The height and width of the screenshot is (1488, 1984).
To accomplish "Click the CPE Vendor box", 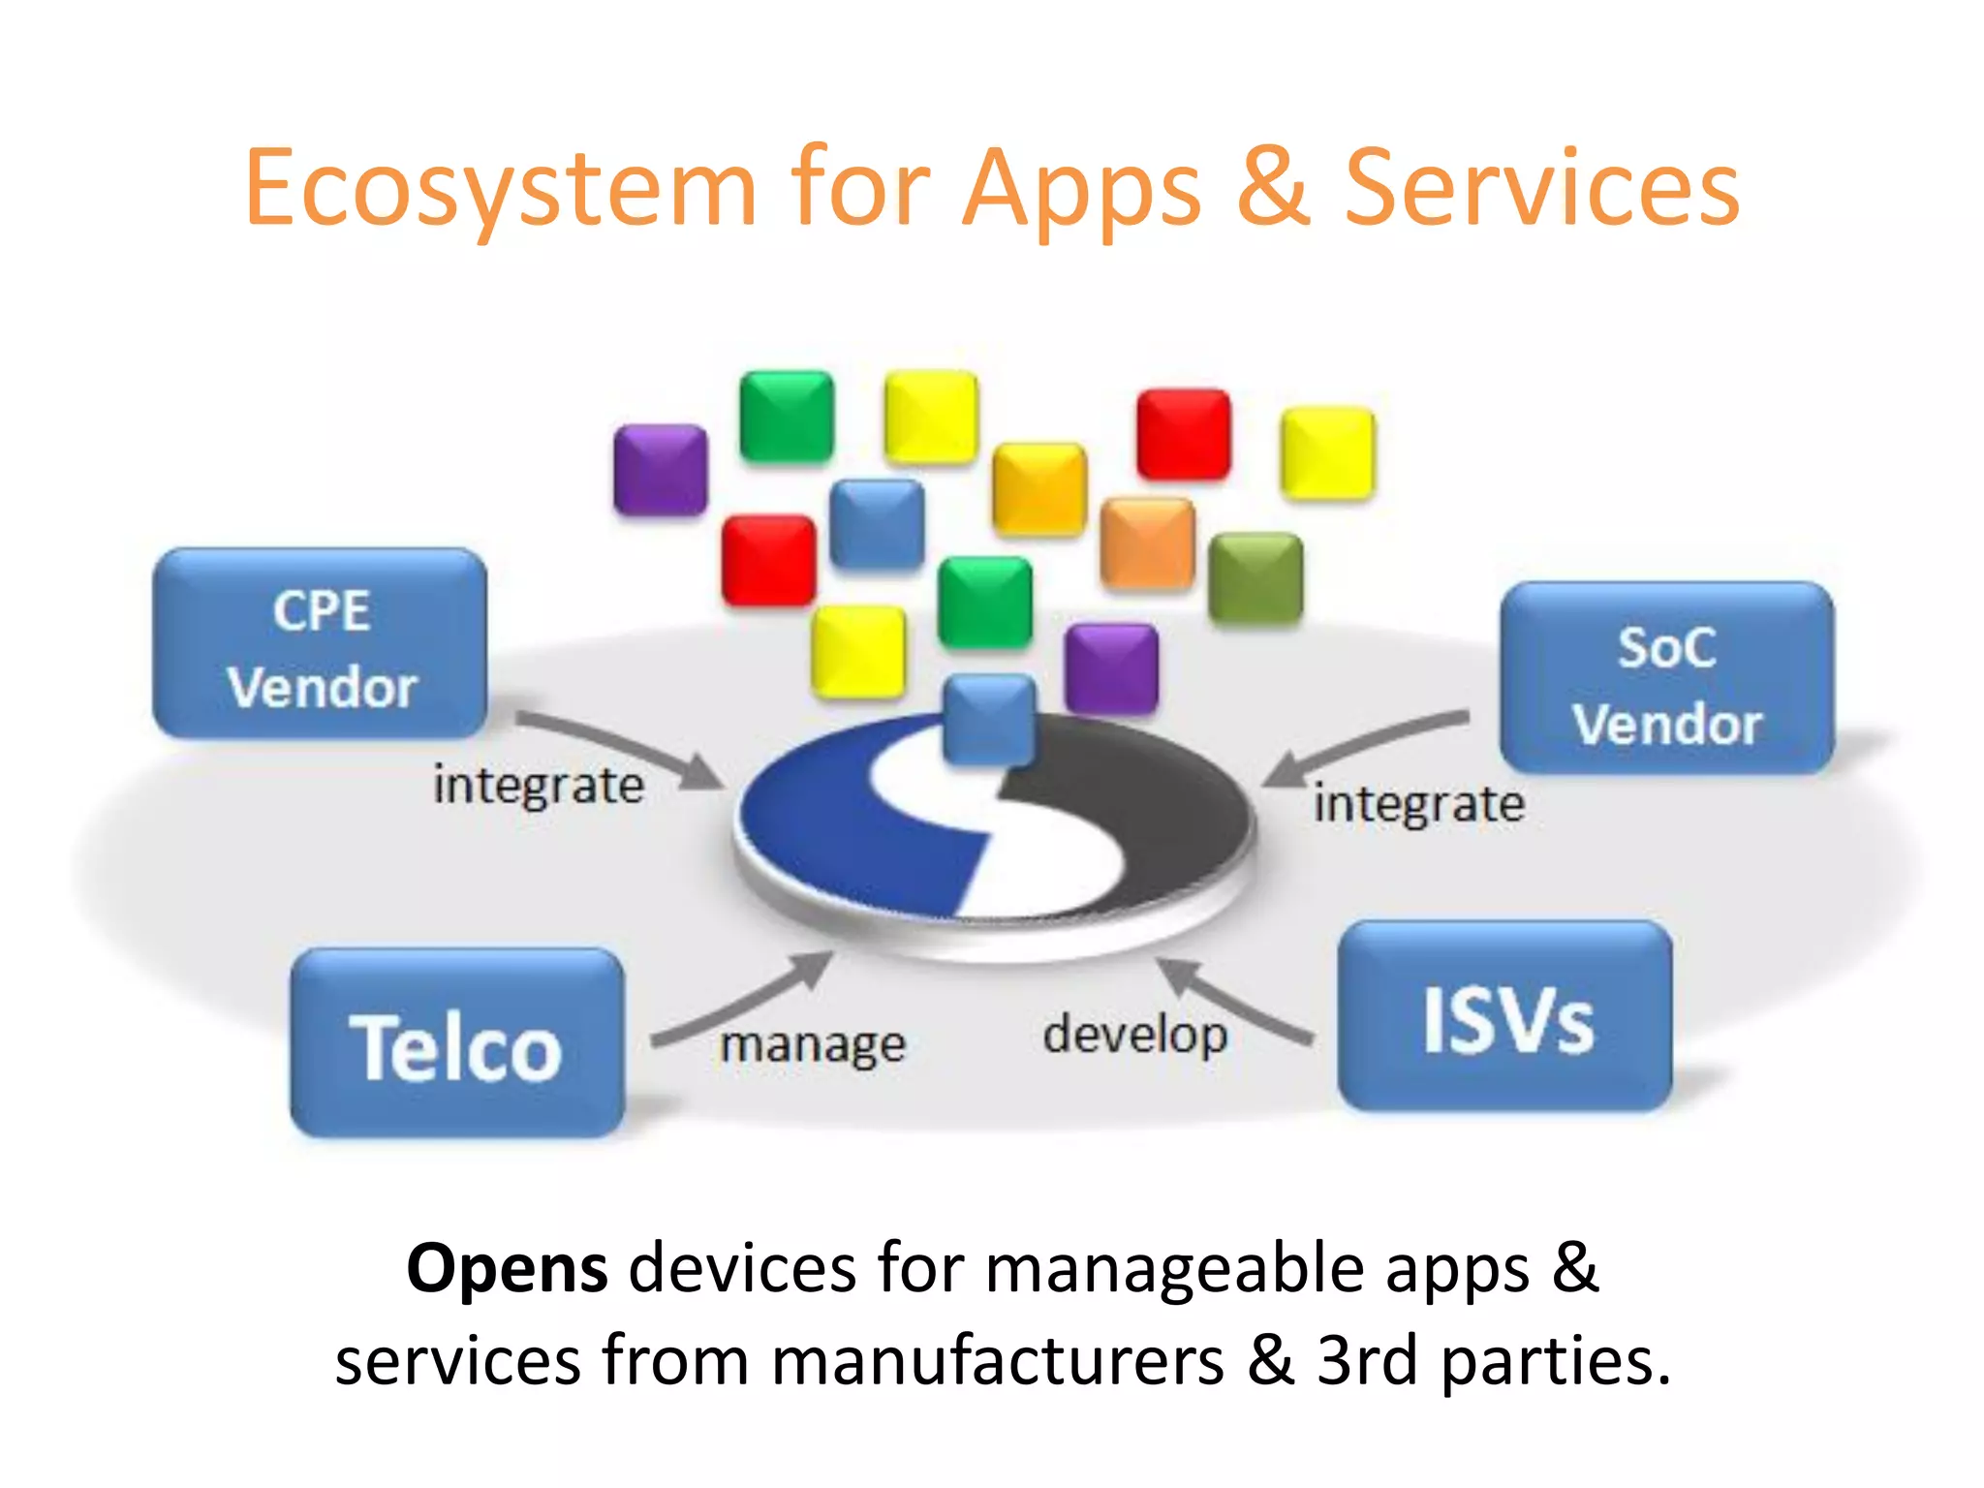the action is click(x=321, y=644).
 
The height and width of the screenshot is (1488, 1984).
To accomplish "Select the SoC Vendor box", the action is click(x=1666, y=678).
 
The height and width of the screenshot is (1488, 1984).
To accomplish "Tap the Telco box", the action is click(x=456, y=1043).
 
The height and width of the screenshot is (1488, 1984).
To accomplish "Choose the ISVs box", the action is click(x=1505, y=1017).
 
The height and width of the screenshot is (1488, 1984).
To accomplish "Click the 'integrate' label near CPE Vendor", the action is click(x=539, y=786).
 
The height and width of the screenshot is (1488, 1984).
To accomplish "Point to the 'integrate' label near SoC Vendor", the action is click(x=1418, y=805).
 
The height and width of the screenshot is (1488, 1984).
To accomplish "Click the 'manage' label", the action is click(x=813, y=1045).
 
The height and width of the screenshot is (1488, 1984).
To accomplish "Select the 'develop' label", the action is click(x=1134, y=1035).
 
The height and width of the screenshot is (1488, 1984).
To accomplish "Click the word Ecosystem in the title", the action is click(x=500, y=189).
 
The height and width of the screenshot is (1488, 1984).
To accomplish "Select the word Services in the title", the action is click(x=1542, y=189).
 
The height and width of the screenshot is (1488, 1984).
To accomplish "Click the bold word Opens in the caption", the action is click(x=507, y=1268).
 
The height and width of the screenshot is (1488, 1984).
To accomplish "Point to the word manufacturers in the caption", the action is click(x=998, y=1361).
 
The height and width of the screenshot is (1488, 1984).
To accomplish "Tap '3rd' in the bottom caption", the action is click(x=1367, y=1361).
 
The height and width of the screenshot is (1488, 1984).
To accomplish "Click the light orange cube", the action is click(x=1148, y=543).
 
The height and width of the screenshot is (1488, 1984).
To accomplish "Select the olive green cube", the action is click(x=1256, y=578).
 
